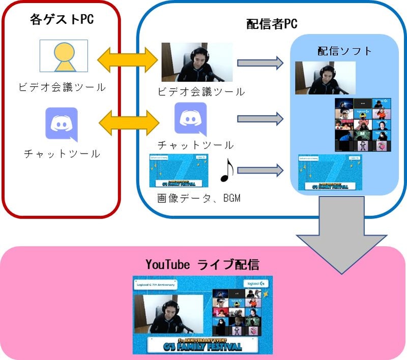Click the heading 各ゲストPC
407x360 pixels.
pos(62,20)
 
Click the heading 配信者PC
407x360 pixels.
pos(272,24)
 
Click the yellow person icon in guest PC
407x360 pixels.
pos(64,56)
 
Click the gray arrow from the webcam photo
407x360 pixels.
pos(260,63)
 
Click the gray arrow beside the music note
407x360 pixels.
pos(260,170)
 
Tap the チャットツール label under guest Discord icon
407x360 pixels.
pos(62,154)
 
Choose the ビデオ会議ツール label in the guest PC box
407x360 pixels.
pos(62,87)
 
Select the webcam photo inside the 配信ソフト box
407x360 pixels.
pos(325,77)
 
